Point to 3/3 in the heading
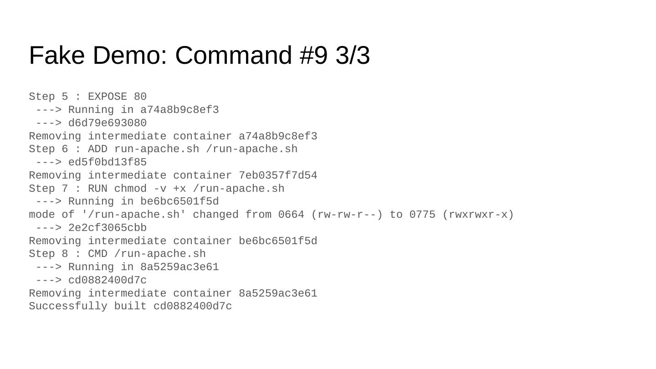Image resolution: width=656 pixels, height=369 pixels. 352,56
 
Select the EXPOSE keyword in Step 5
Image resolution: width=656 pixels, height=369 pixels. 108,97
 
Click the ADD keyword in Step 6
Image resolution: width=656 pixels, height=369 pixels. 97,149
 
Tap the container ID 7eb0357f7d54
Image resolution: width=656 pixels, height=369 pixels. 278,176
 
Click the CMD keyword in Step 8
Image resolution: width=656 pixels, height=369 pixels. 97,254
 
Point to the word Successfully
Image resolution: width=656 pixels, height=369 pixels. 68,307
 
